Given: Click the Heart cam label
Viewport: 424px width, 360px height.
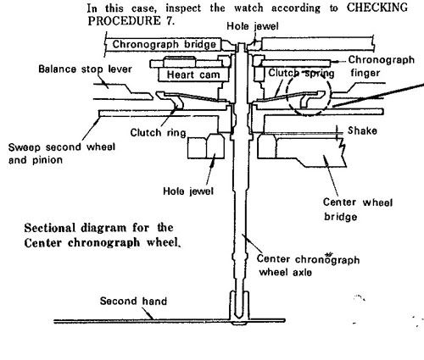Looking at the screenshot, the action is (193, 75).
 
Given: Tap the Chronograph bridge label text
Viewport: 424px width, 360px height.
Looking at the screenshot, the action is (164, 44).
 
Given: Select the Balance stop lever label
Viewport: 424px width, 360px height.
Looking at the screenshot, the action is (85, 69).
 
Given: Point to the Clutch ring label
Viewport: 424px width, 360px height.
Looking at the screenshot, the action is (158, 133).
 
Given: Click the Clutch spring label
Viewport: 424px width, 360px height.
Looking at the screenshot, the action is (301, 73).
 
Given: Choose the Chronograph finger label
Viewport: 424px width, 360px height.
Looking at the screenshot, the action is (382, 66).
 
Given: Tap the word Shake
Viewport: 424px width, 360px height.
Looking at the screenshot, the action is (362, 130).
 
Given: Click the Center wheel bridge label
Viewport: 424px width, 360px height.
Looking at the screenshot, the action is (358, 209).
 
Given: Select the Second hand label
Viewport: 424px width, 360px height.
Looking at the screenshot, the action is (133, 301).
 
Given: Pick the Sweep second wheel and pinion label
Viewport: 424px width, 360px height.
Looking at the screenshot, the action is (62, 153).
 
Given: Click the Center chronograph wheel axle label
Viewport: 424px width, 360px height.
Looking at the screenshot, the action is (308, 265).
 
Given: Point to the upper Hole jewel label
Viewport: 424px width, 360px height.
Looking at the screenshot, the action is (253, 26).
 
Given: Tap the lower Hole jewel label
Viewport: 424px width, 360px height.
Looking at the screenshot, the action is (188, 191).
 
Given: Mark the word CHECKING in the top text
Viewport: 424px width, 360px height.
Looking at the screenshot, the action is (377, 8).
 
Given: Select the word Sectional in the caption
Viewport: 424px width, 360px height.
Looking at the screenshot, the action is (50, 228).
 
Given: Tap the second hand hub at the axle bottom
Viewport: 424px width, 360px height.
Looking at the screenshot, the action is (239, 307).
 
